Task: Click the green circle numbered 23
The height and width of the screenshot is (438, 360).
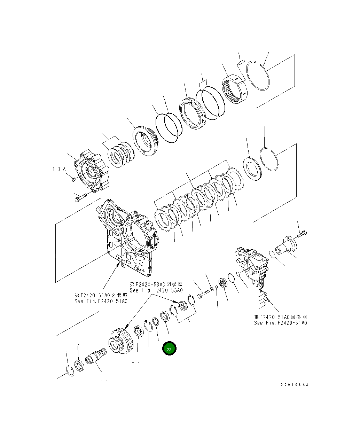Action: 169,349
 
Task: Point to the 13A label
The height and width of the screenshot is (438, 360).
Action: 59,169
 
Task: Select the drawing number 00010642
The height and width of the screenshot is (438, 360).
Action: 295,385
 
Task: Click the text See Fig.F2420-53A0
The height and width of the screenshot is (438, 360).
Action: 156,290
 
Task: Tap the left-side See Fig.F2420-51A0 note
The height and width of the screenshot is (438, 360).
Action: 101,301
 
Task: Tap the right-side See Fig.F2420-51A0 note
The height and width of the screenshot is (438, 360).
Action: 281,323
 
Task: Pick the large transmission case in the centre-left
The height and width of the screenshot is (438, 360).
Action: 127,237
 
